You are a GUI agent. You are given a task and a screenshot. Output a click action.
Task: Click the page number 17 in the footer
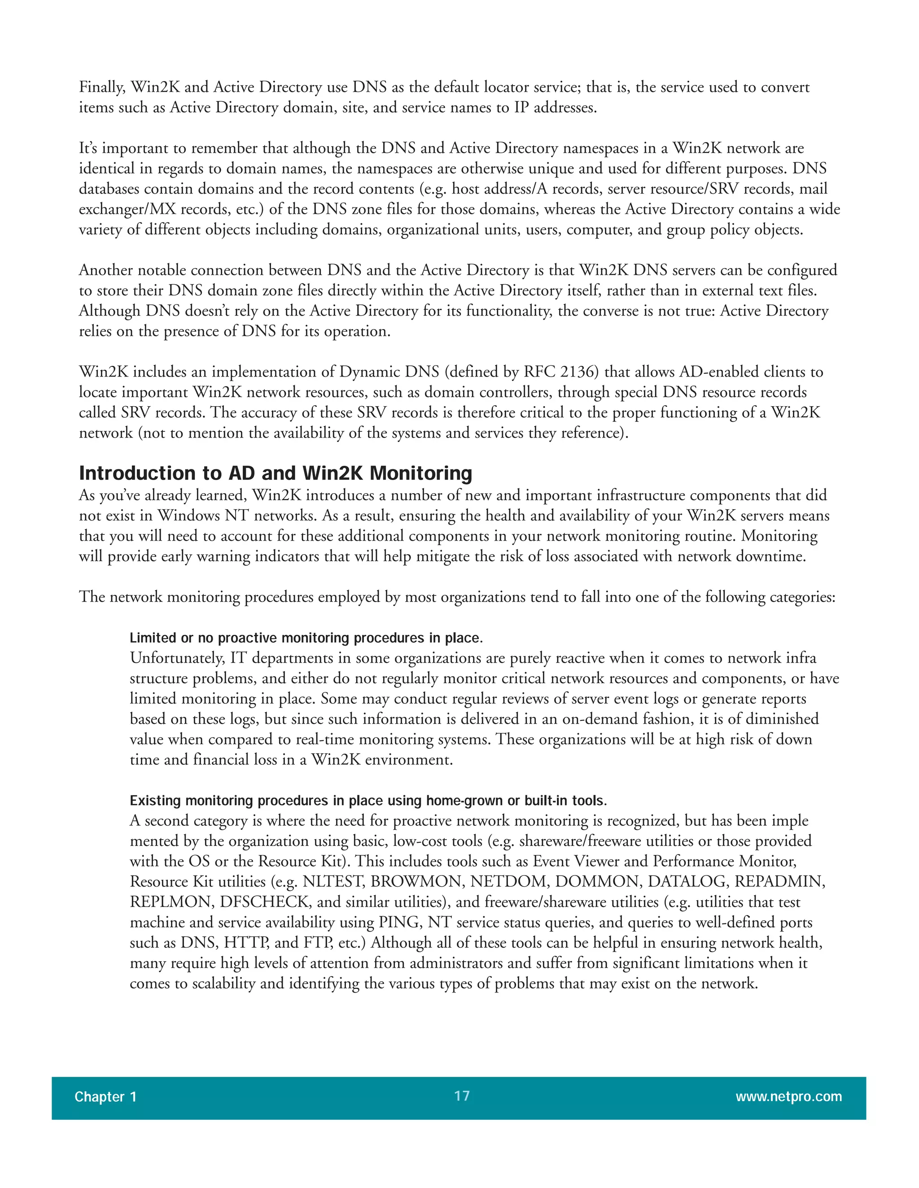[x=462, y=1096]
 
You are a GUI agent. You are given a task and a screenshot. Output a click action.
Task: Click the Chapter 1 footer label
[x=105, y=1097]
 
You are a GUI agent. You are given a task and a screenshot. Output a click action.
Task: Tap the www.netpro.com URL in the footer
[x=788, y=1096]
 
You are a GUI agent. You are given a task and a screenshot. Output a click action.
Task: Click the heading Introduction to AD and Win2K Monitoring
[x=276, y=473]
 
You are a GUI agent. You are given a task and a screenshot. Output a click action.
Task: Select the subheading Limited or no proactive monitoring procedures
[x=306, y=637]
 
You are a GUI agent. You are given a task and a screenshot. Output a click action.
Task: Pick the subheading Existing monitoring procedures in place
[x=368, y=800]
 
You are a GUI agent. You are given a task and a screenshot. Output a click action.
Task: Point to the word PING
[x=400, y=923]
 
